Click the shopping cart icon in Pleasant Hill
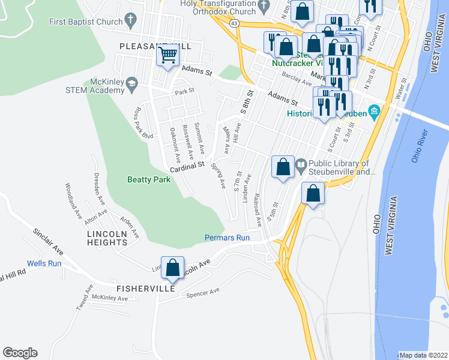click(168, 56)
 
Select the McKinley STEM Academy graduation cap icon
click(130, 87)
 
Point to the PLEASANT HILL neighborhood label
click(155, 46)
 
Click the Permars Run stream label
click(226, 238)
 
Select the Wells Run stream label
click(44, 263)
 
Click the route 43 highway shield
click(234, 23)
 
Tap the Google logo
click(20, 352)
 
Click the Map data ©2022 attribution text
click(423, 355)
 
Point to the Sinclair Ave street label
click(48, 239)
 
